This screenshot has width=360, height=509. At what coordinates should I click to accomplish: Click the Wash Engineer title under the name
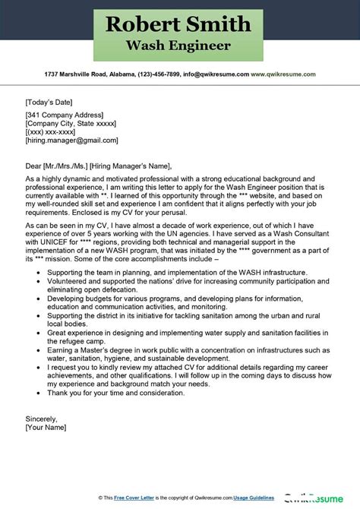(180, 47)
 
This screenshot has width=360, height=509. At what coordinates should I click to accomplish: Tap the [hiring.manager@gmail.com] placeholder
(70, 141)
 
